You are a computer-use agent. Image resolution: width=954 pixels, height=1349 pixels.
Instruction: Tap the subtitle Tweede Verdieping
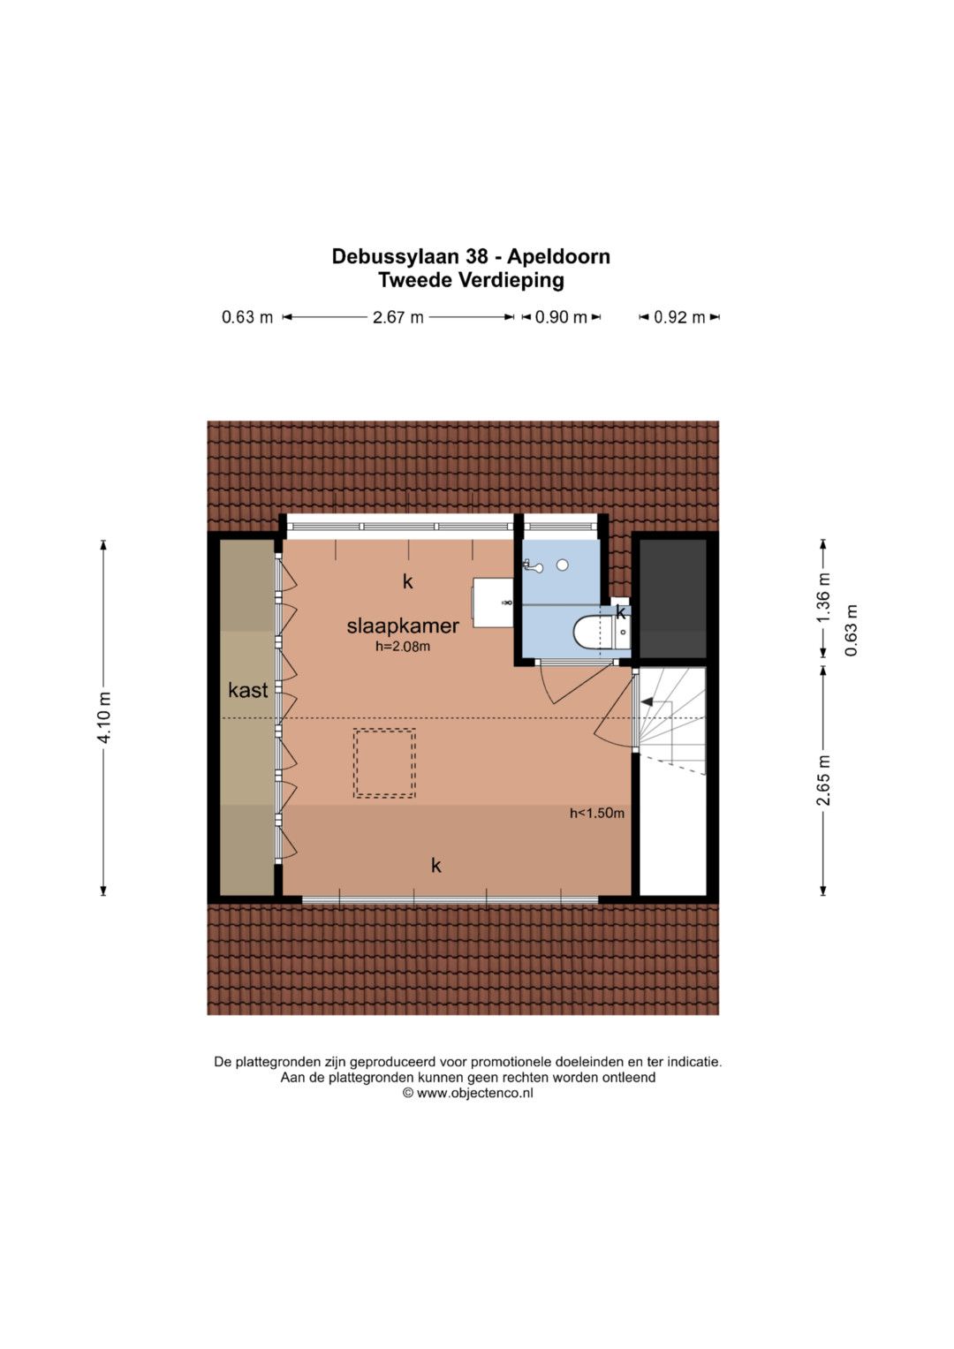click(471, 281)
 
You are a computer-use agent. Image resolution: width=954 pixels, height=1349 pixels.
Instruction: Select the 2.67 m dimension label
click(397, 317)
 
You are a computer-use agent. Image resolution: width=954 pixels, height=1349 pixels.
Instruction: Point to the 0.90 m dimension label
click(561, 317)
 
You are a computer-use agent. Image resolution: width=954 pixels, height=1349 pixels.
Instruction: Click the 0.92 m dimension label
click(679, 317)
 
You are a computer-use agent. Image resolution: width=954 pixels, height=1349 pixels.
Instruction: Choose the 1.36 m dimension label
click(823, 598)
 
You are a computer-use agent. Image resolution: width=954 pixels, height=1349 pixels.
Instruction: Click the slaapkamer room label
click(403, 625)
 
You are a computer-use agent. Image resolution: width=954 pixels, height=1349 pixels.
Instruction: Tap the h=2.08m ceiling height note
click(403, 647)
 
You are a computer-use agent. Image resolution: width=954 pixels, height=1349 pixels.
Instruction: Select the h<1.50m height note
click(596, 813)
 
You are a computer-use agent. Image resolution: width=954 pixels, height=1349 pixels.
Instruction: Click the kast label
click(247, 690)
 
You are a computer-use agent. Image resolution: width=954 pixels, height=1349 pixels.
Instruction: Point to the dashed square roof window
click(384, 762)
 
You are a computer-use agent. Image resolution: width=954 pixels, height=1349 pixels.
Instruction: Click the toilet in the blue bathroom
click(590, 633)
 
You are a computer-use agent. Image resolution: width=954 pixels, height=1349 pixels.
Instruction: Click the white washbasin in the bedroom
click(493, 603)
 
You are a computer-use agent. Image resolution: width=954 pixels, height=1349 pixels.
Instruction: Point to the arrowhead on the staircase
click(647, 702)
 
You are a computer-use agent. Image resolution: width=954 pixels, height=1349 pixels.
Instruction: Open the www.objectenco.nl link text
click(474, 1093)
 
